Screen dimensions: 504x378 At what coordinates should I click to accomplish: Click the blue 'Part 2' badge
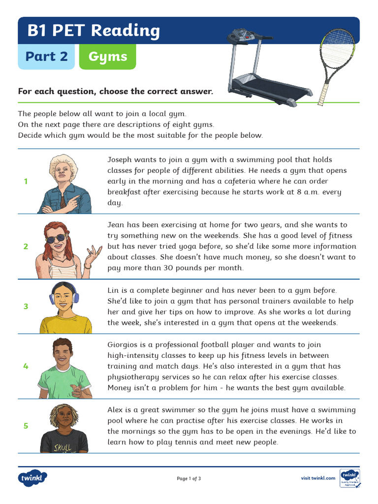(46, 57)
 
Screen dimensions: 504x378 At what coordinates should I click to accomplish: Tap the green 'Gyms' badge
(107, 57)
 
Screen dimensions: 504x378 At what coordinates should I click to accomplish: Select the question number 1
(26, 182)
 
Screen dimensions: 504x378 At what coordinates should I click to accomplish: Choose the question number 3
(26, 306)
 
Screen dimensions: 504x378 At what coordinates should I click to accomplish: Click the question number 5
(26, 426)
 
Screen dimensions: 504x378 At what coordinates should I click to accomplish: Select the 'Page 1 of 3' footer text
(189, 478)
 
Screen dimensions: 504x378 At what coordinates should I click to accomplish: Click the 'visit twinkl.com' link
(318, 478)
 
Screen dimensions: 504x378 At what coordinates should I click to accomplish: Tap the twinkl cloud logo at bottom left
(33, 478)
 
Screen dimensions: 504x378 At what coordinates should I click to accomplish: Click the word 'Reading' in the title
(126, 31)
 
